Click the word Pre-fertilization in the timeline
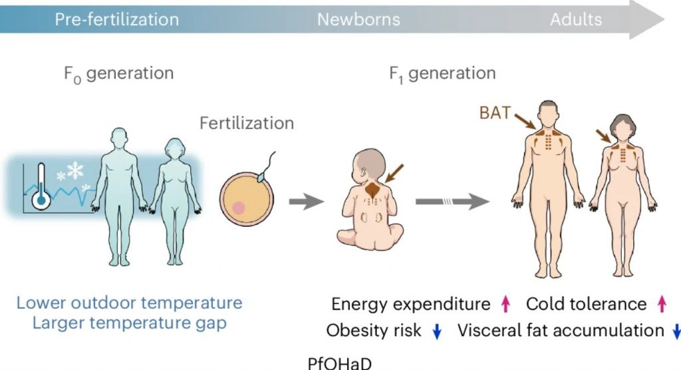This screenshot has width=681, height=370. [x=117, y=19]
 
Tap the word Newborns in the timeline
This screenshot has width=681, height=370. [x=358, y=19]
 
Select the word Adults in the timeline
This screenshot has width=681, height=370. [x=576, y=19]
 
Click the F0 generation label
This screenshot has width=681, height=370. [x=118, y=74]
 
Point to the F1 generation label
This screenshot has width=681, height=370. [x=442, y=74]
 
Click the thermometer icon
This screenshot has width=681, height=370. [x=41, y=187]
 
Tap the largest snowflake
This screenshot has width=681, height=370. [x=75, y=170]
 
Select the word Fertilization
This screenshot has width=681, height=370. [x=247, y=123]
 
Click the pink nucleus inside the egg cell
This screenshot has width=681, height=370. [x=239, y=208]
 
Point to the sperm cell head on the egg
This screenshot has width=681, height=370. [x=261, y=177]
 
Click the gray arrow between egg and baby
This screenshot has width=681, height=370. [x=307, y=202]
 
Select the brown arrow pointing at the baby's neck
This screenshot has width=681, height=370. [x=394, y=174]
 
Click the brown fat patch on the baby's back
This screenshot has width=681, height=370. [x=373, y=190]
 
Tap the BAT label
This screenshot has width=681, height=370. [x=495, y=113]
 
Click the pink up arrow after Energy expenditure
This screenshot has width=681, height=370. [x=505, y=304]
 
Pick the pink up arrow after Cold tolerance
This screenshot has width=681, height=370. [x=662, y=304]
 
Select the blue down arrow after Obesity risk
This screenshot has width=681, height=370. [x=437, y=331]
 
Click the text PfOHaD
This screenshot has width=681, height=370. [x=340, y=363]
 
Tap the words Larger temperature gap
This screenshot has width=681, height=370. [x=130, y=323]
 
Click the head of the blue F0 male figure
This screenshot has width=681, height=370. [x=119, y=138]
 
